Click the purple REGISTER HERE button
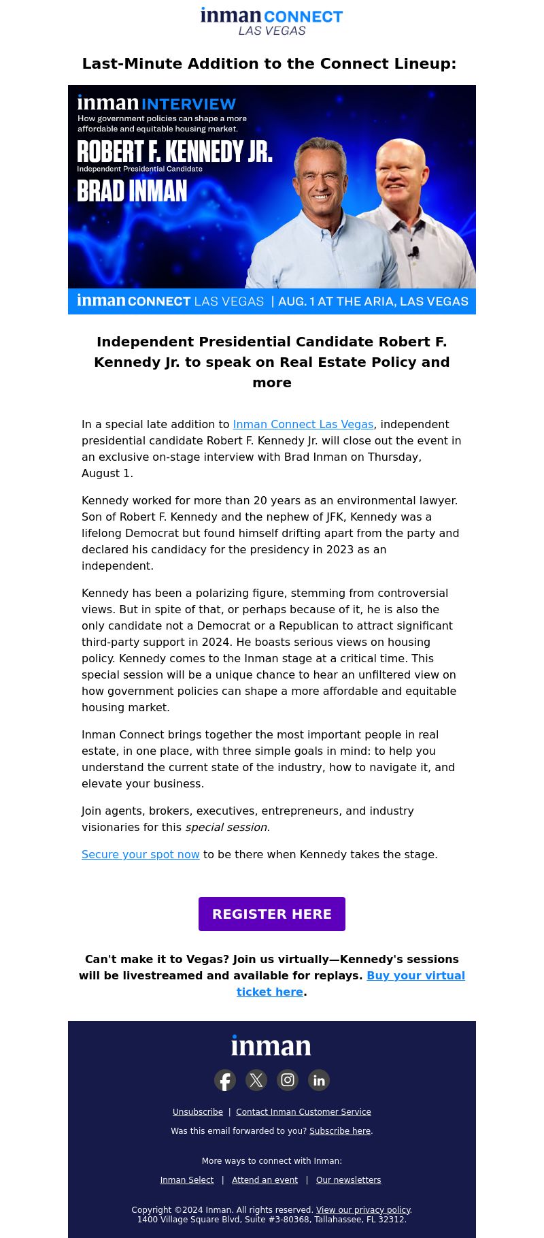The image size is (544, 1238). pos(272,914)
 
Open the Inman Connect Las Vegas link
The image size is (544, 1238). pos(303,424)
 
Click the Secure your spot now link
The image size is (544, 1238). pos(141,854)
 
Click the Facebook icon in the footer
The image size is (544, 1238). pos(225,1080)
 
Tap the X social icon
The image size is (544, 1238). pos(256,1080)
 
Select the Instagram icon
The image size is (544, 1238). pos(288,1080)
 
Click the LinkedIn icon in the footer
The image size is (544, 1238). pos(319,1080)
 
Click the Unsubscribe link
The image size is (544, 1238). pos(198,1112)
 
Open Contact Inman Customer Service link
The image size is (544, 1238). pos(303,1112)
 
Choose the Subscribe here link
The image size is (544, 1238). pos(340,1131)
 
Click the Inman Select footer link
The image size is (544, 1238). pos(187,1180)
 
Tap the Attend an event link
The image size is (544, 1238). pos(265,1180)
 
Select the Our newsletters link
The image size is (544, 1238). pos(348,1180)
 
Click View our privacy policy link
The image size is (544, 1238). pos(363,1210)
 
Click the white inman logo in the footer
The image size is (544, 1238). pos(271,1046)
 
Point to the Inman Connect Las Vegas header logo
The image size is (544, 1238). pos(272,21)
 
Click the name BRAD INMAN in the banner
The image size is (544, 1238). pos(132,191)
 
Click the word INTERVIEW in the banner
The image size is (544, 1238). pos(188,104)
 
